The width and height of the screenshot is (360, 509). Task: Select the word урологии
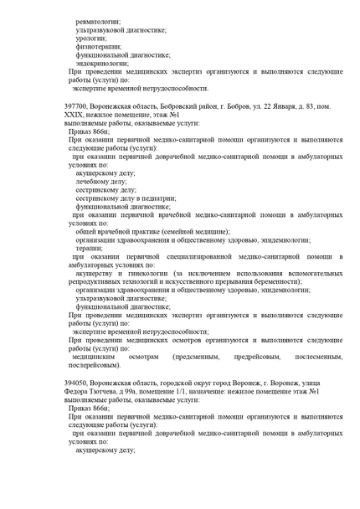tap(90, 38)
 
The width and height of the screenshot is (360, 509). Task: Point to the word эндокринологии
tap(101, 63)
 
